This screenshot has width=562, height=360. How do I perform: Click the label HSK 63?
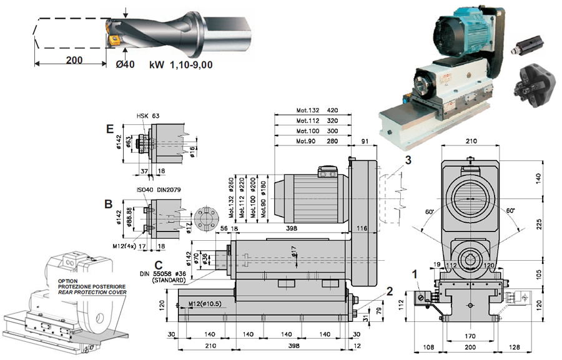point(148,117)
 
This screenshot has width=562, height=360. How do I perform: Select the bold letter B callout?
point(109,203)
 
